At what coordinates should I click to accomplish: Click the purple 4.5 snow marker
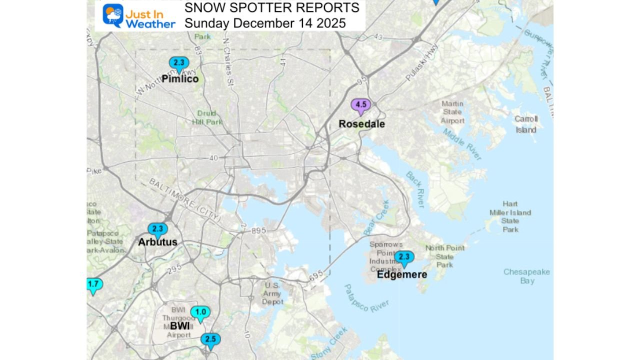pyautogui.click(x=360, y=105)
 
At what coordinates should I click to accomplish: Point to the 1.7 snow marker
pyautogui.click(x=93, y=285)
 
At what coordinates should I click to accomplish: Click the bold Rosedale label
pyautogui.click(x=361, y=124)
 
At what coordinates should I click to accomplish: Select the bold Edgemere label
pyautogui.click(x=401, y=275)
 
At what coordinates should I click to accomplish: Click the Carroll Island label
pyautogui.click(x=526, y=124)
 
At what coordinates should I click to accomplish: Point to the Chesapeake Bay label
pyautogui.click(x=526, y=276)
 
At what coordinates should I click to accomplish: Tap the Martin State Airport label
pyautogui.click(x=452, y=112)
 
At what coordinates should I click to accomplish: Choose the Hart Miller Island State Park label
pyautogui.click(x=510, y=216)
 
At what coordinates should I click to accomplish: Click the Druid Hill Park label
pyautogui.click(x=206, y=117)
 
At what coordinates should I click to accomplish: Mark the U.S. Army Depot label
pyautogui.click(x=272, y=293)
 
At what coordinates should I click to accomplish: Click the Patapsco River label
pyautogui.click(x=366, y=298)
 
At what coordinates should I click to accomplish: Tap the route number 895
pyautogui.click(x=259, y=230)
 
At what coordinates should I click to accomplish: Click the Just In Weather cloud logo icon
pyautogui.click(x=113, y=15)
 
